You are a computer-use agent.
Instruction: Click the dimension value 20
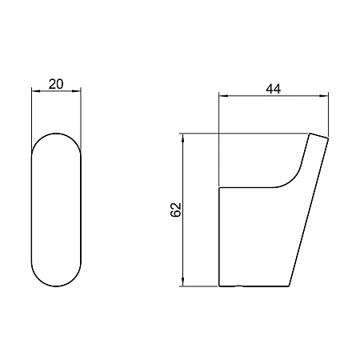pos(56,84)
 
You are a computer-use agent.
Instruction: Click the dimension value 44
pos(274,89)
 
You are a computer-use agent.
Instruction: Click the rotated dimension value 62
pos(176,210)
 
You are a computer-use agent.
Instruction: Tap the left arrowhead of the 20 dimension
pos(36,91)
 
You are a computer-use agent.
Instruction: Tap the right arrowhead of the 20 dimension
pos(77,91)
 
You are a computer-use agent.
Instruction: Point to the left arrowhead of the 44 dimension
pos(223,95)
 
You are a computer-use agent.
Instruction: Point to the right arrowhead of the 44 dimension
pos(324,95)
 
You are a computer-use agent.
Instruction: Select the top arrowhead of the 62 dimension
pos(183,138)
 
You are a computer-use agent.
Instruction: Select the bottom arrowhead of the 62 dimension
pos(183,282)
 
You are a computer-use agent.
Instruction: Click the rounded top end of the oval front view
pos(56,134)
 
